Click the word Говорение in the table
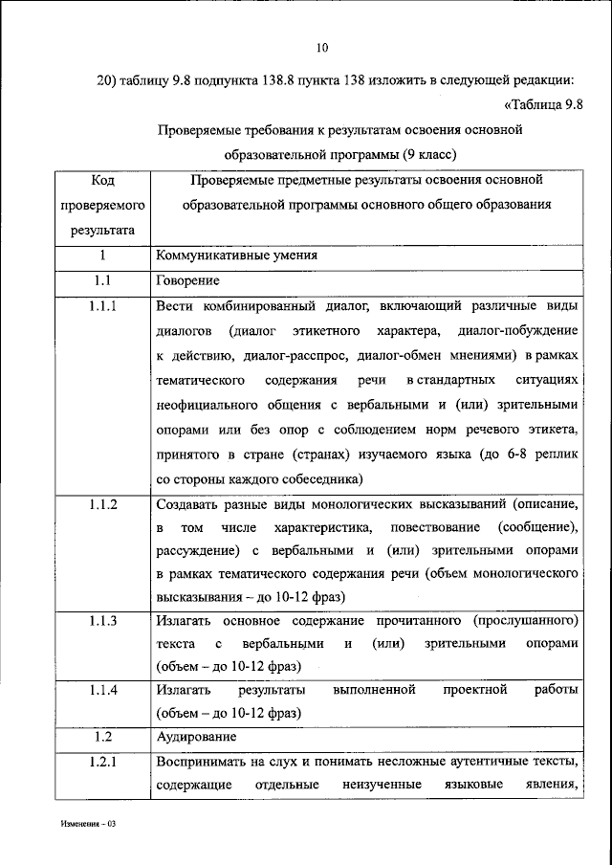click(187, 281)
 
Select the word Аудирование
click(195, 737)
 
